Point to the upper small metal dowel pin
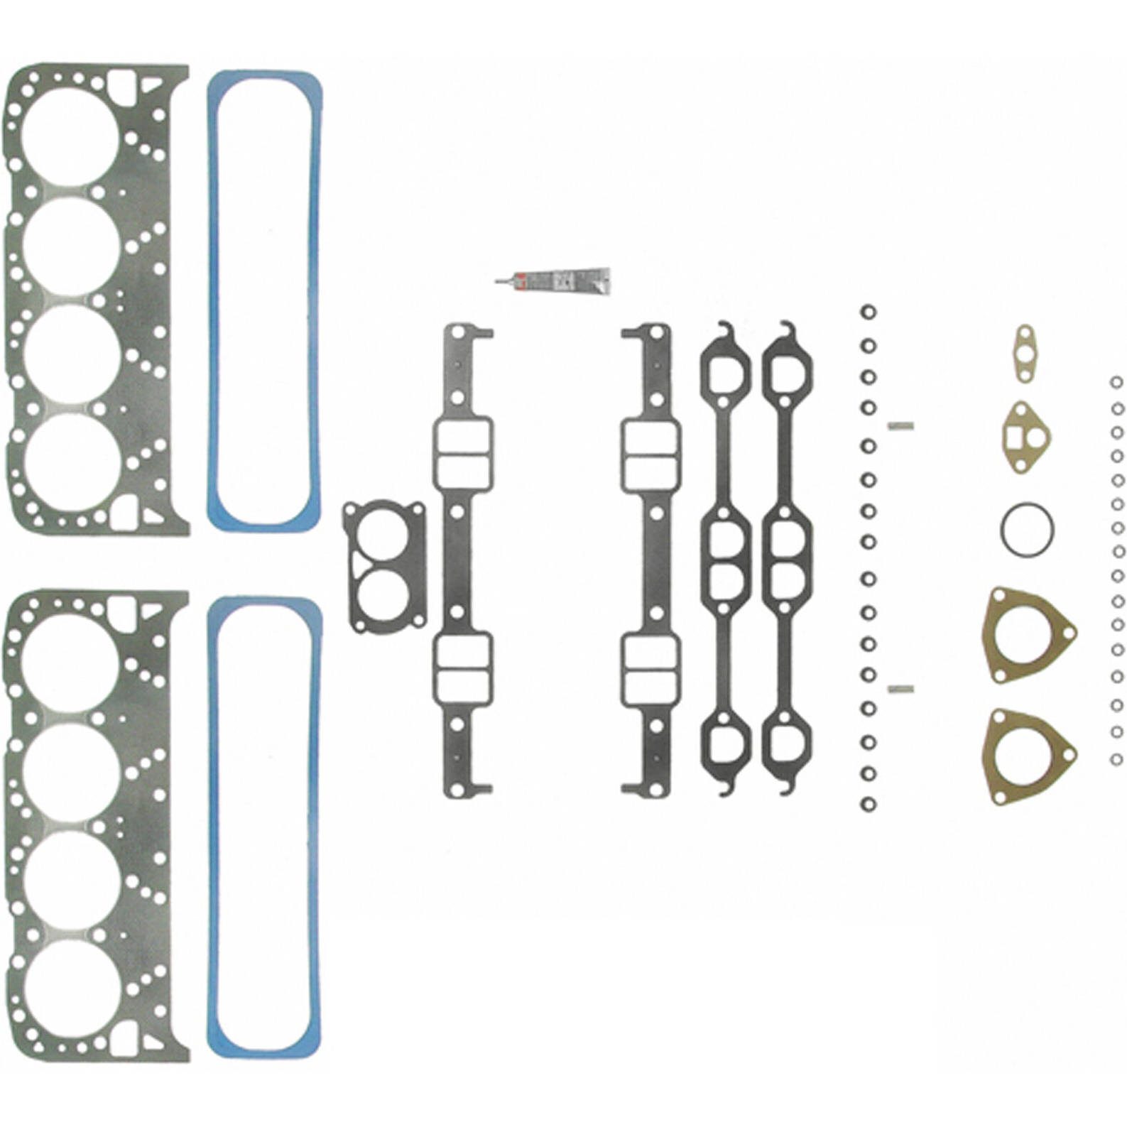point(900,426)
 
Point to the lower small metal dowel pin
point(900,687)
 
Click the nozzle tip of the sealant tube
point(497,282)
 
